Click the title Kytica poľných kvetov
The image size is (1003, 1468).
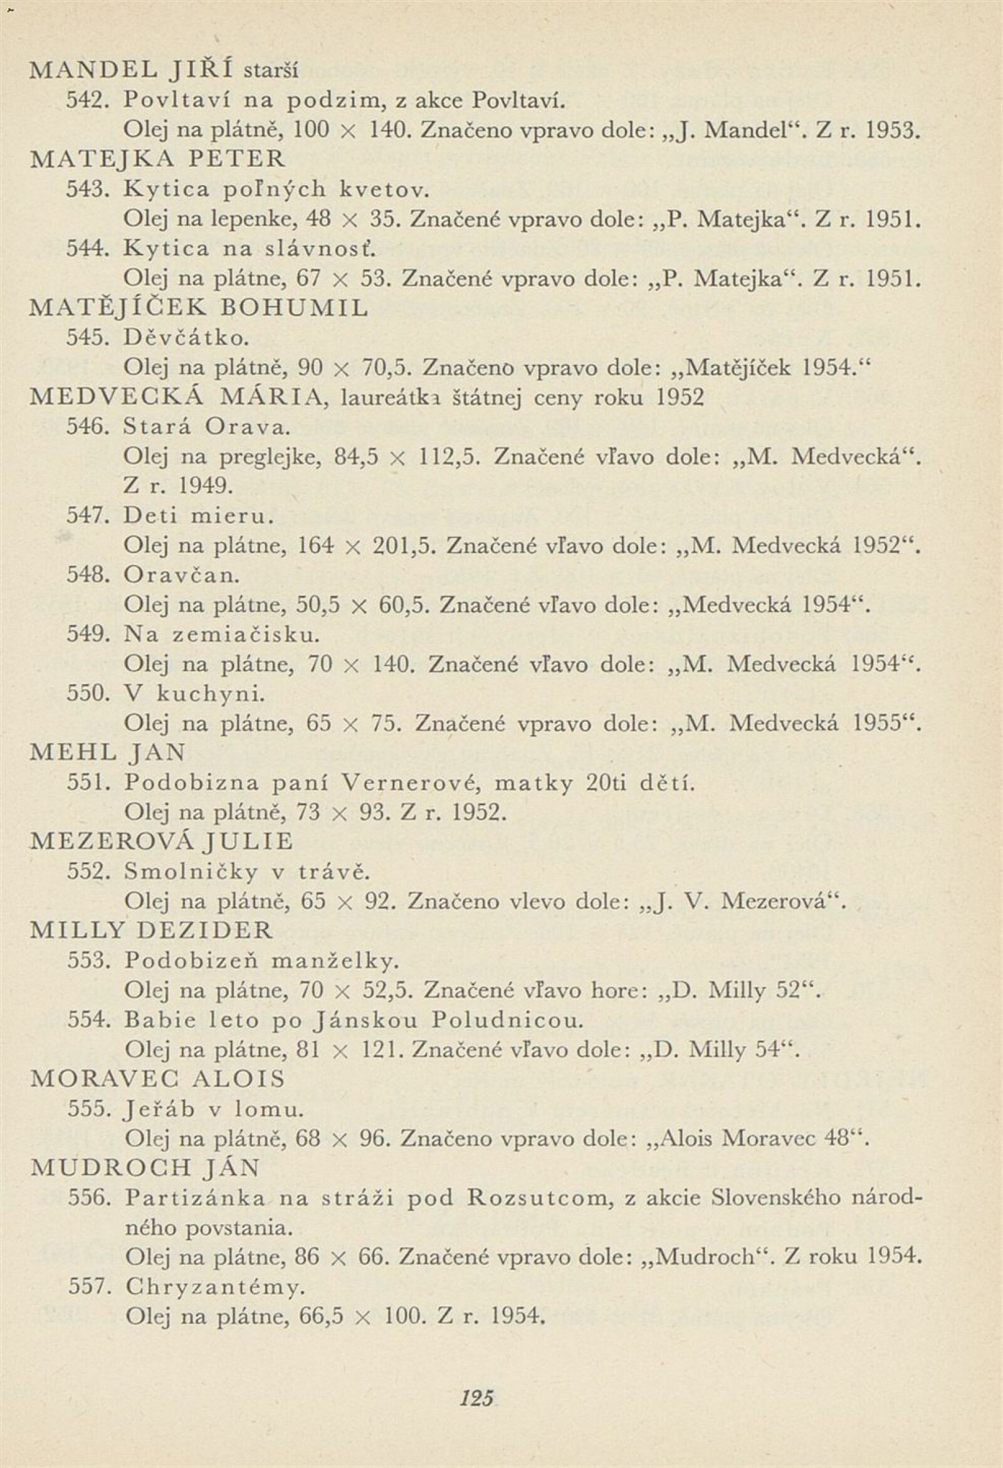coord(276,188)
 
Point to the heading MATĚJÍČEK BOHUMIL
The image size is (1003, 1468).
coord(199,308)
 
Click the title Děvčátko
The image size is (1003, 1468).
coord(186,338)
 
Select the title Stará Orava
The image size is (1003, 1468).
coord(206,427)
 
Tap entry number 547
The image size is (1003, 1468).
coord(88,516)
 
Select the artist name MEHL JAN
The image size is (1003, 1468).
coord(108,752)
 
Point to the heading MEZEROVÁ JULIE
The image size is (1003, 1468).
coord(162,841)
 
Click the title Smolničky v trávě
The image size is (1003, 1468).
coord(246,872)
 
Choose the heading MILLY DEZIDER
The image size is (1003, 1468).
coord(152,930)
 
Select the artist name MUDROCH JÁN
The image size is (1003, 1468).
coord(145,1168)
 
